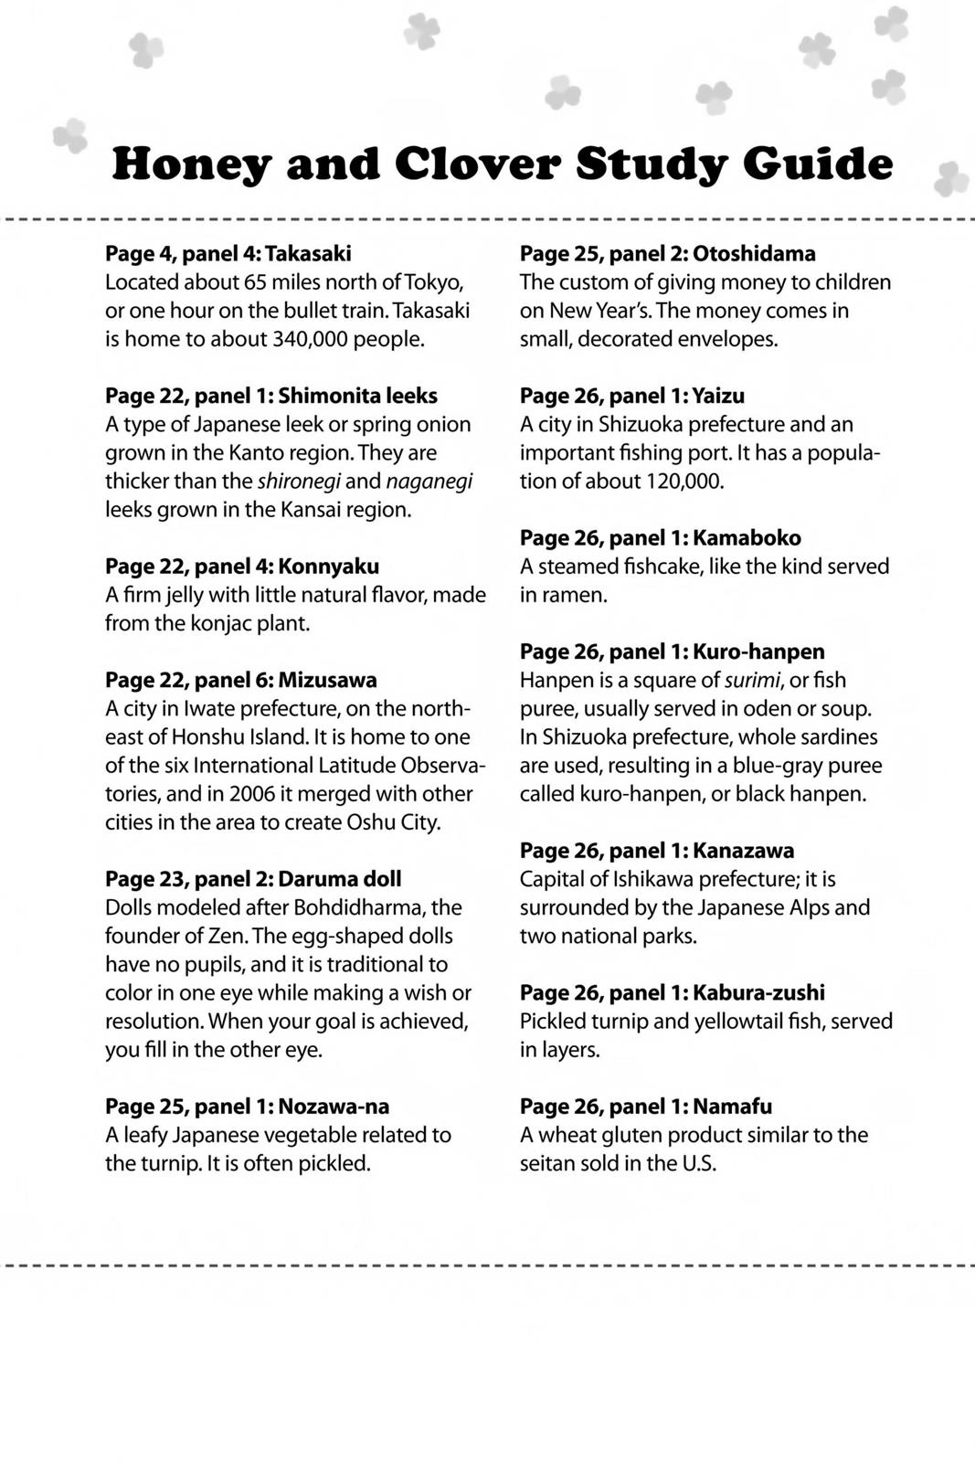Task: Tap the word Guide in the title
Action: tap(817, 164)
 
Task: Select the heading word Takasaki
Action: tap(308, 253)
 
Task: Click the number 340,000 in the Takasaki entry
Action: tap(313, 339)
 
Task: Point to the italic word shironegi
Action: tap(299, 481)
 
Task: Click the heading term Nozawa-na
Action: tap(334, 1106)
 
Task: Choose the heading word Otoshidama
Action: tap(754, 253)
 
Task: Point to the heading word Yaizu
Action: tap(718, 396)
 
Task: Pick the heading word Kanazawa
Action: tap(743, 850)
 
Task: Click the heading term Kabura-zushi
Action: tap(758, 992)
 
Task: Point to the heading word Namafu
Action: tap(732, 1106)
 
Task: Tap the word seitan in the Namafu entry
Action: tap(548, 1163)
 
